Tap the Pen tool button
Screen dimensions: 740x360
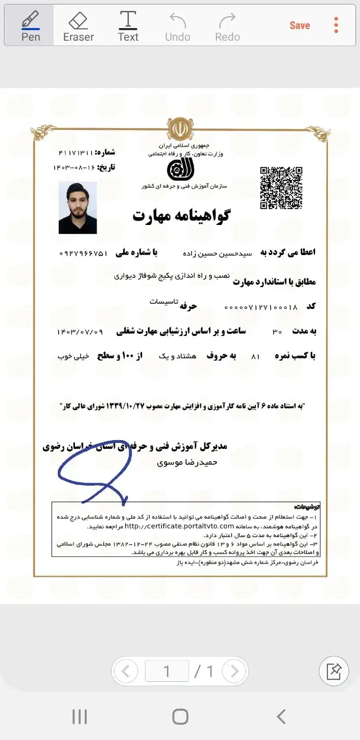[30, 26]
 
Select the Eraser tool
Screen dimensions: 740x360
[78, 26]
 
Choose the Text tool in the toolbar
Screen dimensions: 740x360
[128, 26]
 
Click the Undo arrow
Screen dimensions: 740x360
[178, 26]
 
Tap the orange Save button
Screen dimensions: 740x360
[299, 26]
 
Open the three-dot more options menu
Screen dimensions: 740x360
[336, 25]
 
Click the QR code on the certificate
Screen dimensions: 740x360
[281, 188]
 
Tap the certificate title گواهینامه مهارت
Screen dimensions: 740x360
[181, 216]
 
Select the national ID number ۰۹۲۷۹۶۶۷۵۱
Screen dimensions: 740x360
[83, 253]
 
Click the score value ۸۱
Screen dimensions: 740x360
[255, 356]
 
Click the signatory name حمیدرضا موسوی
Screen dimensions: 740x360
[187, 463]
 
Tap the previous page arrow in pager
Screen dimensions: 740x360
[126, 671]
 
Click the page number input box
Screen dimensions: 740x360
[167, 671]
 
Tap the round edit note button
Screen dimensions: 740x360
[334, 671]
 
